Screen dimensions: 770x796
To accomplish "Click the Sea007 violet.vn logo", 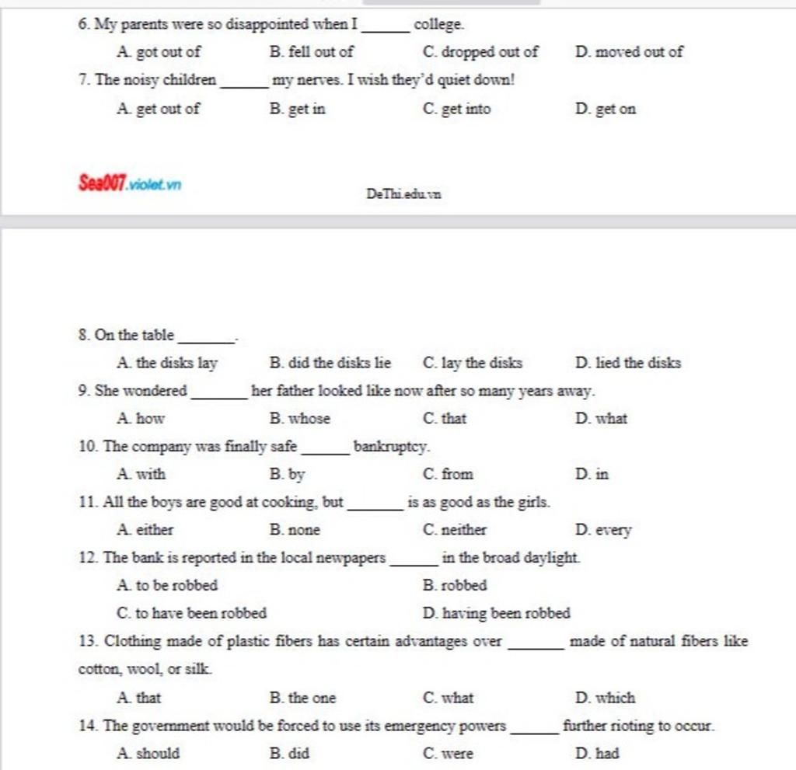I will [130, 185].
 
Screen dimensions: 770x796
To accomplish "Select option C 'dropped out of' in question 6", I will [480, 52].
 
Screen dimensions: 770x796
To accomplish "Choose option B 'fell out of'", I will [311, 52].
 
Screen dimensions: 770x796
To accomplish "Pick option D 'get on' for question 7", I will [606, 109].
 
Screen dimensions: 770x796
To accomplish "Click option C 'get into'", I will [457, 109].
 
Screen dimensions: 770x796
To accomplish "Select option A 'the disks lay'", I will [166, 363].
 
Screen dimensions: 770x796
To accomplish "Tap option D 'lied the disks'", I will [628, 363].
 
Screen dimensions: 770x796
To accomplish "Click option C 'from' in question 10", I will [449, 474].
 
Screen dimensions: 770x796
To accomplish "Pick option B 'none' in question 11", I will [295, 530].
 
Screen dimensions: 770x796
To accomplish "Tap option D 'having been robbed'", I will [497, 613].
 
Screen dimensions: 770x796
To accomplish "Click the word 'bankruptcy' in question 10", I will [391, 447].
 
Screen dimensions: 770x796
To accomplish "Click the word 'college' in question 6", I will [438, 25].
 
